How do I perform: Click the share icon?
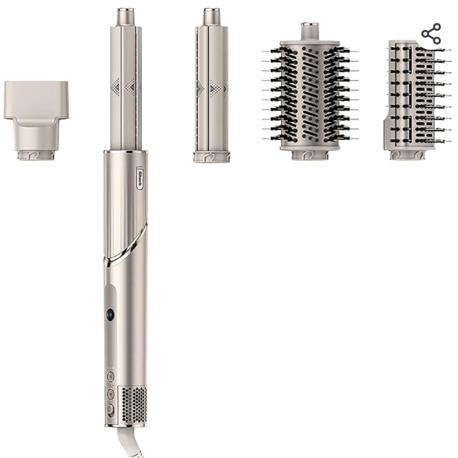tap(431, 33)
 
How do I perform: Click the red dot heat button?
tap(111, 395)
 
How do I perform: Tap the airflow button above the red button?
tap(111, 377)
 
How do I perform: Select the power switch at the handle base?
tap(110, 410)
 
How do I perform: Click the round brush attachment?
tap(310, 91)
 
